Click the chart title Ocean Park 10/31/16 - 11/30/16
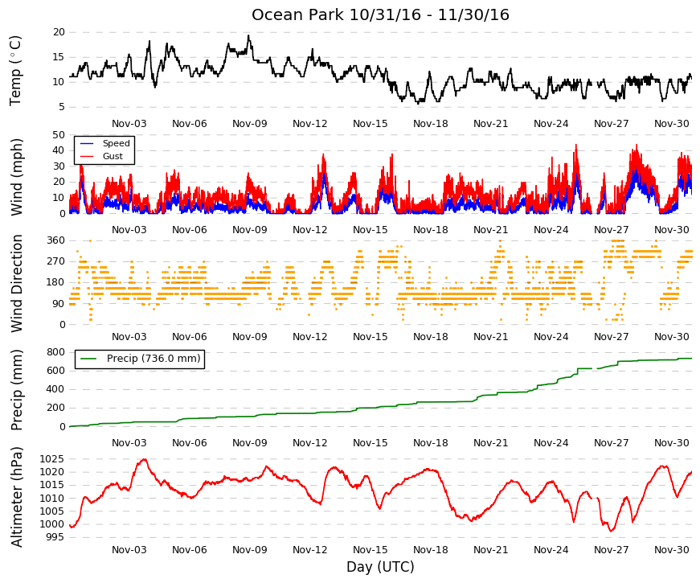[x=380, y=14]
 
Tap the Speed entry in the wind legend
[x=116, y=143]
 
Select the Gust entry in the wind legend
[x=113, y=156]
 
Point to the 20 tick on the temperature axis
[x=59, y=32]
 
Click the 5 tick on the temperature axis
[x=62, y=107]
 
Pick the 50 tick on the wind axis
[x=59, y=135]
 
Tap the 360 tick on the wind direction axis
[x=56, y=240]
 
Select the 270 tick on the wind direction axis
[x=56, y=261]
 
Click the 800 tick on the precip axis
[x=56, y=352]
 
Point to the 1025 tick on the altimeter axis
[x=51, y=459]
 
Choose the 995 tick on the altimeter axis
[x=55, y=537]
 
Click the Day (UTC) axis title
[x=380, y=567]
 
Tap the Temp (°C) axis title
[x=15, y=71]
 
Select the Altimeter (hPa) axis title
[x=17, y=497]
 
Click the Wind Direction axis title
[x=17, y=283]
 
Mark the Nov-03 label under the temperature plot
[x=129, y=124]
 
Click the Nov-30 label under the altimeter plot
[x=672, y=550]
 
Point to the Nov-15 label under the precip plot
[x=370, y=443]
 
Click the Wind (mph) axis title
[x=17, y=178]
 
